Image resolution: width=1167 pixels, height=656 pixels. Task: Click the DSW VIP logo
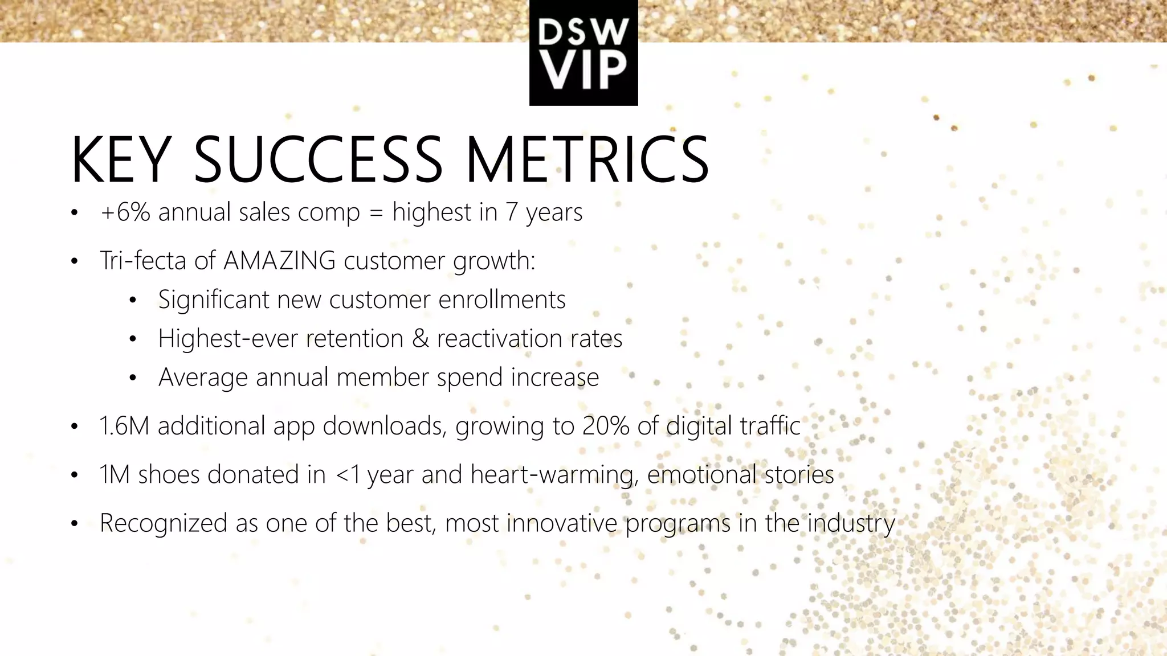(x=583, y=53)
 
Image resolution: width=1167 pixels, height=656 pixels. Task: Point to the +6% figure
(x=125, y=212)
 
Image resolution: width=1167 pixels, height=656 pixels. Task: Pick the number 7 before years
(x=511, y=212)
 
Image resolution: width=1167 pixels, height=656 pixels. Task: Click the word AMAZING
(x=280, y=261)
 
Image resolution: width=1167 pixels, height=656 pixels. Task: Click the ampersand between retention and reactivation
(x=420, y=339)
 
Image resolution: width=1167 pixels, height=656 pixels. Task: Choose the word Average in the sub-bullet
(x=203, y=378)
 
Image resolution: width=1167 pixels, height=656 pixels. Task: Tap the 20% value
(x=606, y=426)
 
